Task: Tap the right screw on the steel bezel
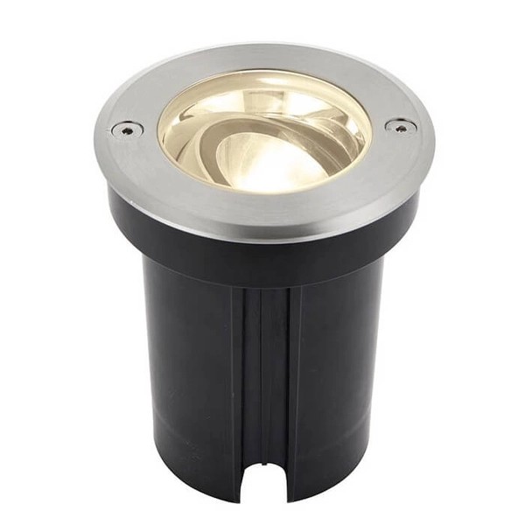pyautogui.click(x=401, y=126)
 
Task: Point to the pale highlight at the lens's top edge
pyautogui.click(x=262, y=79)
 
